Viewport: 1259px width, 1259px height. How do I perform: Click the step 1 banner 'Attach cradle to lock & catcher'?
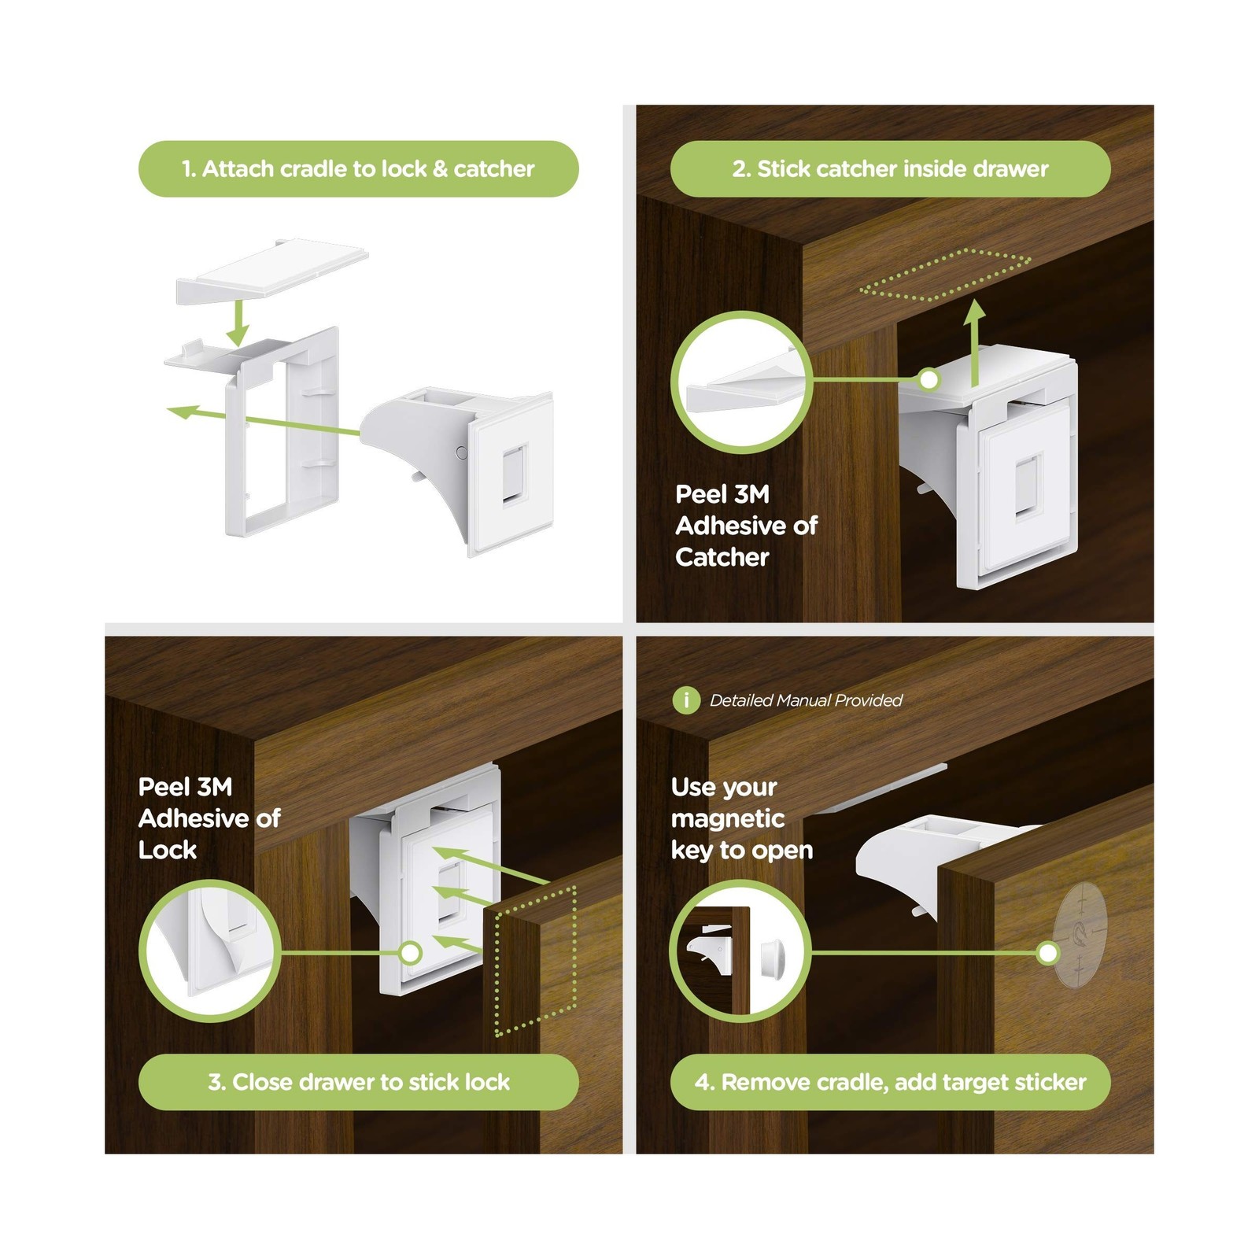pos(358,168)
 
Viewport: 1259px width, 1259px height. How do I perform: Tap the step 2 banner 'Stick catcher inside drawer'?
pos(890,168)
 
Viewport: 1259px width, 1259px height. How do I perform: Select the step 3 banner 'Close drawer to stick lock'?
pos(358,1082)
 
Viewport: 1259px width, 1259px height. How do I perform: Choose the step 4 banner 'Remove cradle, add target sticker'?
pos(890,1082)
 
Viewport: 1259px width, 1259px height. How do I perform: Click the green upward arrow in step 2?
pos(976,342)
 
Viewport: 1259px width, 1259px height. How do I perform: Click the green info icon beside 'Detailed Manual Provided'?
pos(686,700)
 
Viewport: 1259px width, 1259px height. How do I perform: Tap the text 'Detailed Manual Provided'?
pos(806,700)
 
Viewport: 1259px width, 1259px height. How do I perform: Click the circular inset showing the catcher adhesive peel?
pos(740,382)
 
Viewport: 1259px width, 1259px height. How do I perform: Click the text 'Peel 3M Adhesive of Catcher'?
pos(746,526)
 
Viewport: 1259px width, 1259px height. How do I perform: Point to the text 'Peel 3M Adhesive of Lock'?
pos(209,818)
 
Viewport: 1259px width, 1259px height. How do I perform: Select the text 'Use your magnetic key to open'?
pos(741,818)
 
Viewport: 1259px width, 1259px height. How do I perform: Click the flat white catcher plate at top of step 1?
pos(272,271)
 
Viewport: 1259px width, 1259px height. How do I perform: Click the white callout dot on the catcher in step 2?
pos(929,380)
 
